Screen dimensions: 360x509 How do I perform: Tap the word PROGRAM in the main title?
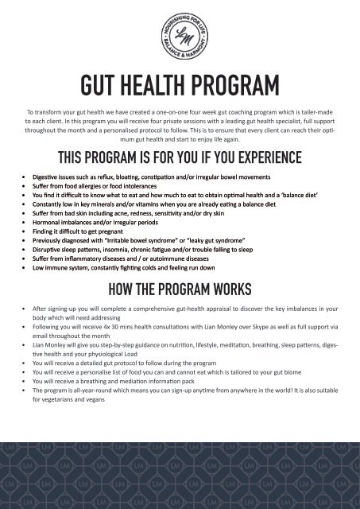[233, 84]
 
